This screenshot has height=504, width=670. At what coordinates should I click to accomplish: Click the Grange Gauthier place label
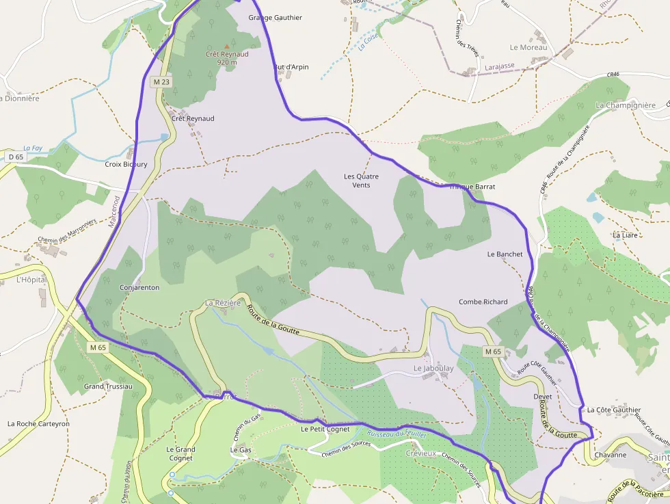275,18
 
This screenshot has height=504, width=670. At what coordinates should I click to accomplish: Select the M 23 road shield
160,82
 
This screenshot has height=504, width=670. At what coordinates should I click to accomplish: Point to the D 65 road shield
16,157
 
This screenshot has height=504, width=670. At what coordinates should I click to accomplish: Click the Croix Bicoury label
126,165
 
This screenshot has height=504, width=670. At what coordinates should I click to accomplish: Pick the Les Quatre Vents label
361,181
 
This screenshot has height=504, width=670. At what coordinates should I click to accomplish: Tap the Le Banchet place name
505,254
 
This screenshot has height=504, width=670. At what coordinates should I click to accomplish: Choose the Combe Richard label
483,302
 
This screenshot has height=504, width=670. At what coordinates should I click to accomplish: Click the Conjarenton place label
139,288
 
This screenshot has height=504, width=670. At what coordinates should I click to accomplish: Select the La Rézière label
223,303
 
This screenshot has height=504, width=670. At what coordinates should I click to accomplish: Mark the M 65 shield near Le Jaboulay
493,352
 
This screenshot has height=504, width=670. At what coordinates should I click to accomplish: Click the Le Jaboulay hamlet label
433,369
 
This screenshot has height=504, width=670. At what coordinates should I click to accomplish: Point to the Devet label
542,397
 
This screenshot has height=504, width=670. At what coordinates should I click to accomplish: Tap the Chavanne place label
610,455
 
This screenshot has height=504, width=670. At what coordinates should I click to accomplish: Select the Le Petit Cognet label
325,429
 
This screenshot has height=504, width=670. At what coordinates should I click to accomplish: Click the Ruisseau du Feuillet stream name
397,434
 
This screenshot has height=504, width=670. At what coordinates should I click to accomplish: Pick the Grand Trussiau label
108,387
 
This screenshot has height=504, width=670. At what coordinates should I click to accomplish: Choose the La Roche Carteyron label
38,424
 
